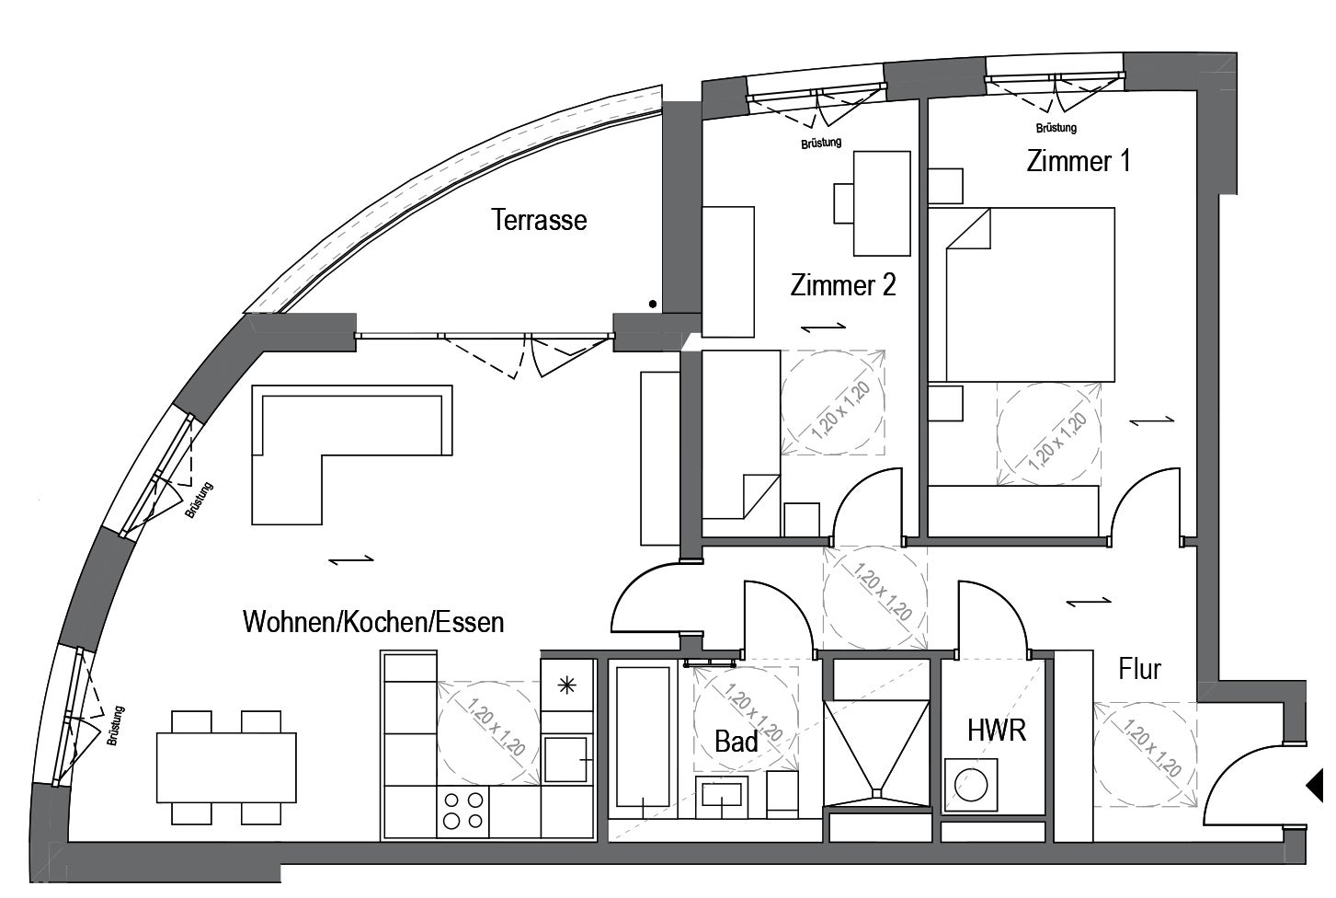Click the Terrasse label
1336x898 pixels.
click(539, 220)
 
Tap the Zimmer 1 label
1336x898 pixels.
click(1079, 161)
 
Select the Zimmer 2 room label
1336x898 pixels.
click(843, 285)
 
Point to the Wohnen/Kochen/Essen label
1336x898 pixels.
click(373, 622)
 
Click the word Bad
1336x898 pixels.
click(737, 742)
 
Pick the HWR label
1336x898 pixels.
click(997, 731)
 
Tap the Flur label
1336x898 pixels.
click(1140, 669)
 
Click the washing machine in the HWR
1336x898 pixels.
click(971, 785)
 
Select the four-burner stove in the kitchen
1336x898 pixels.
click(462, 811)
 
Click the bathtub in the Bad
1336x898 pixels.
click(643, 736)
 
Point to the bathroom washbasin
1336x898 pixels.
click(722, 797)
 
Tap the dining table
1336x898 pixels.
click(226, 767)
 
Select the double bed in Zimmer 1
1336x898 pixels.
click(1030, 294)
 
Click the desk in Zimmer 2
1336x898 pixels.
click(882, 203)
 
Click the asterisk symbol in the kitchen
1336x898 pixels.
click(566, 686)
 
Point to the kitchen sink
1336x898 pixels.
click(565, 759)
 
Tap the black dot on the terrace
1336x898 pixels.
click(653, 305)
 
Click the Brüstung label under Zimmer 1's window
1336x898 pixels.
click(1056, 128)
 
